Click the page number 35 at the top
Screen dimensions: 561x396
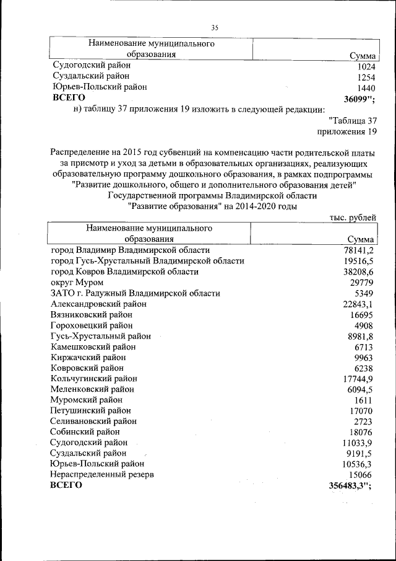coord(215,27)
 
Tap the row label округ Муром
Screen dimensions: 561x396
coord(72,282)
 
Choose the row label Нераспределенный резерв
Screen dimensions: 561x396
coord(102,474)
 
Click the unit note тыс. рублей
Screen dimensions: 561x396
coord(351,217)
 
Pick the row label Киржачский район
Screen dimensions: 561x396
coord(88,358)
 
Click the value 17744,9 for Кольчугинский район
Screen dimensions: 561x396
coord(357,379)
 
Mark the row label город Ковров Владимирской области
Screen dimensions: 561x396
coord(124,272)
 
